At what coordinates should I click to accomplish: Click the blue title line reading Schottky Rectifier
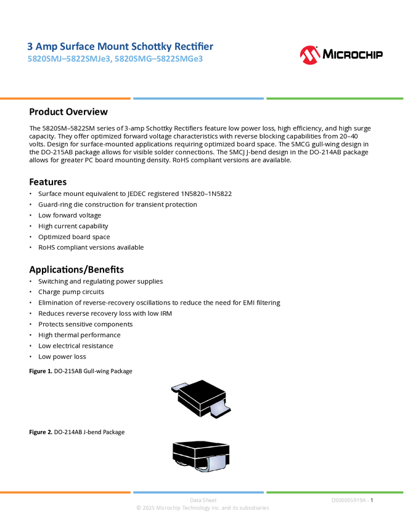120,46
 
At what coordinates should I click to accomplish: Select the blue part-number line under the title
115,60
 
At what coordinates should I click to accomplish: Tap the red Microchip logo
309,55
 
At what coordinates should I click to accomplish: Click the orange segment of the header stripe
65,98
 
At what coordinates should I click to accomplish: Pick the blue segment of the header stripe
198,98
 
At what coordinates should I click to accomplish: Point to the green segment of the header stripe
335,98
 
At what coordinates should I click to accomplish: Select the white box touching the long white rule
15,112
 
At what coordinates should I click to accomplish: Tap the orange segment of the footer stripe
65,492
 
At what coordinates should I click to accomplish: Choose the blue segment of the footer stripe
198,492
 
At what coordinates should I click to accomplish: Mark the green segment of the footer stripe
335,492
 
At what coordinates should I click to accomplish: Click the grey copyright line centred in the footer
202,509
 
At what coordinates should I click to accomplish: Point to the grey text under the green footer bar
350,500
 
